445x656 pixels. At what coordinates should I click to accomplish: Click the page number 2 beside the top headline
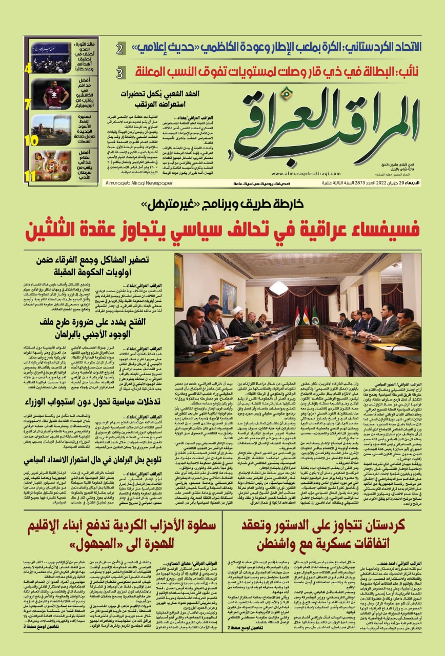(x=119, y=50)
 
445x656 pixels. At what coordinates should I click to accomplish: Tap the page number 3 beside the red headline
(x=119, y=72)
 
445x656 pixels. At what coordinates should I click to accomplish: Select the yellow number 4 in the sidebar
(x=27, y=68)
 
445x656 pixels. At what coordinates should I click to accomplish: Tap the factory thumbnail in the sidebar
(x=51, y=130)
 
